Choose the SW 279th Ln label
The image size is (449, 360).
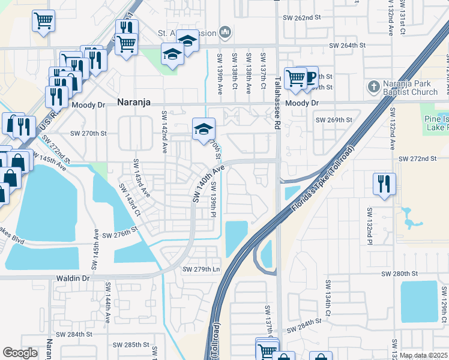(202, 269)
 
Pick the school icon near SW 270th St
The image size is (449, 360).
(203, 128)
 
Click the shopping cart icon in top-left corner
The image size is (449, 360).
(44, 20)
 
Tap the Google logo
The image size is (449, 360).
(20, 353)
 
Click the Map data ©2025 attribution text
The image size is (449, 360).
(423, 356)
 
